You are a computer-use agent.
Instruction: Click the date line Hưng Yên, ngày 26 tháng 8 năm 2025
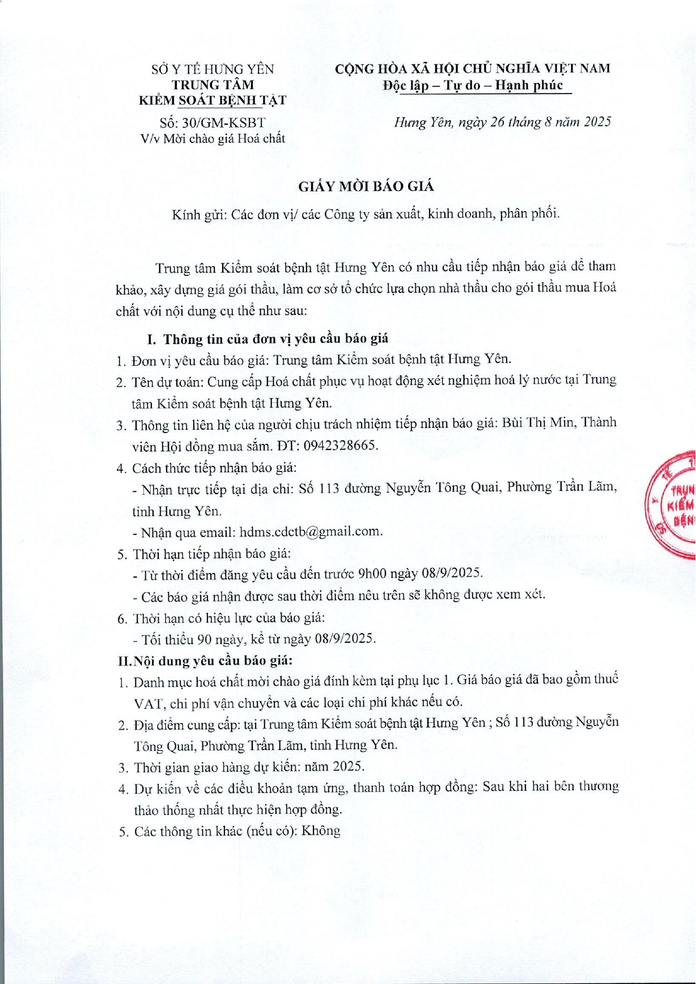coord(502,122)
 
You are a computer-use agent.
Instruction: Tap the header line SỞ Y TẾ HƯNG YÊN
coord(213,69)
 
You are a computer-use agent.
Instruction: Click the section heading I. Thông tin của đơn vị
coord(268,339)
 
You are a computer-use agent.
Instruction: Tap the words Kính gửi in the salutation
coord(199,214)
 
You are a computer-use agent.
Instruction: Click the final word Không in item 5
coord(321,832)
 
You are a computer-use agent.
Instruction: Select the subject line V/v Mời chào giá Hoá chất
coord(213,138)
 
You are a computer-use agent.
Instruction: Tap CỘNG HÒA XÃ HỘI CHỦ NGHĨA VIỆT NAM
coord(473,69)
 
